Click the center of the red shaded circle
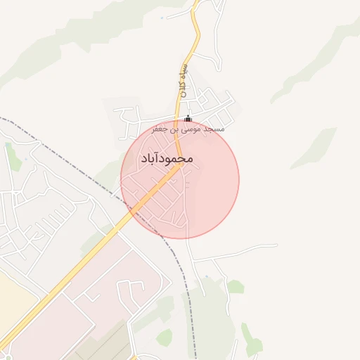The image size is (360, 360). (180, 179)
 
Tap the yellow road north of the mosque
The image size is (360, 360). (193, 42)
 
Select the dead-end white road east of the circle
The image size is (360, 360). (239, 250)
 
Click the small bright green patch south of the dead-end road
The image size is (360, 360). (236, 286)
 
